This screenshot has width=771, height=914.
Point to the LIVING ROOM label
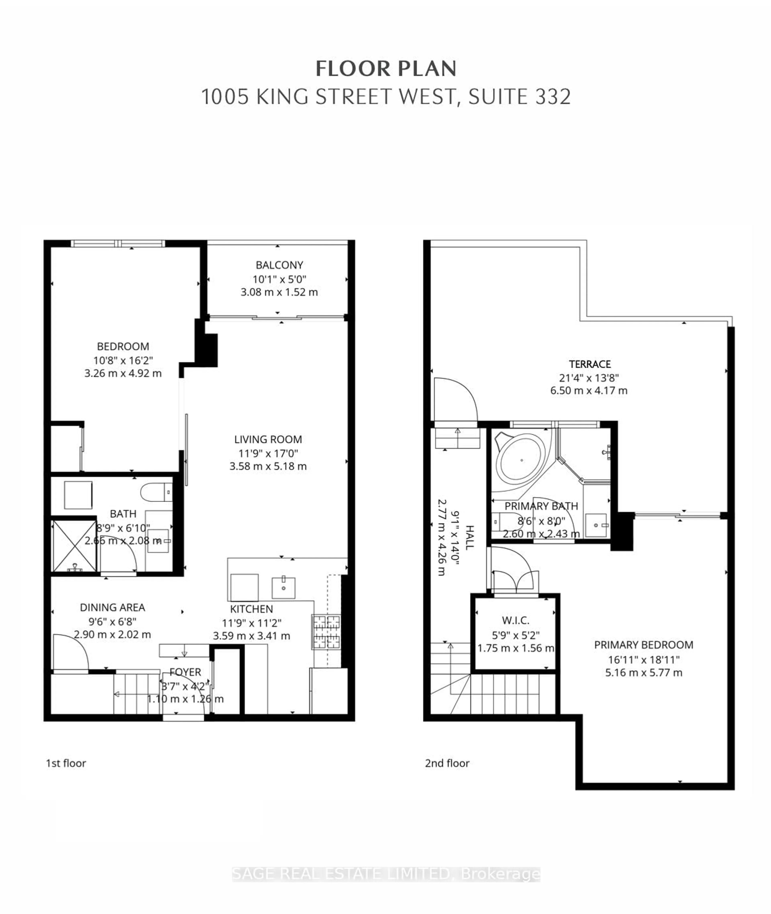point(268,439)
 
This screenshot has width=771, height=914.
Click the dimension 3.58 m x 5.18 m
point(268,466)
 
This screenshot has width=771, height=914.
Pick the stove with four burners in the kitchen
point(326,632)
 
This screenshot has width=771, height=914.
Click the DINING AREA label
point(112,607)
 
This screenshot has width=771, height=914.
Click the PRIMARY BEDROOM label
point(643,645)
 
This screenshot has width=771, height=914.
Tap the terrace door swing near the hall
point(455,400)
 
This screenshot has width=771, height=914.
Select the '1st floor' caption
point(66,763)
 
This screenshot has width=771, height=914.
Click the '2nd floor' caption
point(447,763)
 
